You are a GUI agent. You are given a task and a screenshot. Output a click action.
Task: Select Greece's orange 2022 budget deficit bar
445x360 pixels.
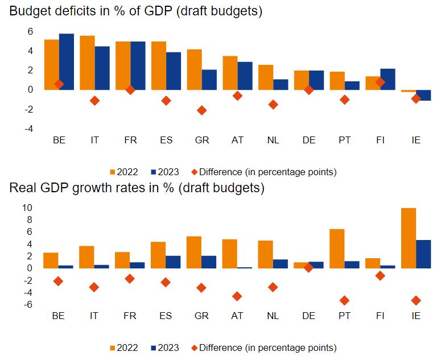click(x=194, y=69)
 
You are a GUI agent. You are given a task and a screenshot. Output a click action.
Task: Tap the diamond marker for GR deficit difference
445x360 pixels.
click(x=201, y=110)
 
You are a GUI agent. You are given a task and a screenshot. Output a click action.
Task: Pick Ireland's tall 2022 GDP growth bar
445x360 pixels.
click(x=409, y=238)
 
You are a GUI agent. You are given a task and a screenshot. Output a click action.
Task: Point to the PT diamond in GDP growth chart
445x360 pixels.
click(x=344, y=300)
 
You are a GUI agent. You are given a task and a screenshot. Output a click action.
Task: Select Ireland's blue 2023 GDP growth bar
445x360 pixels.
click(x=423, y=254)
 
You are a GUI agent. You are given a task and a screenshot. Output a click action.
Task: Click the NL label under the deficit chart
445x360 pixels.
click(x=273, y=140)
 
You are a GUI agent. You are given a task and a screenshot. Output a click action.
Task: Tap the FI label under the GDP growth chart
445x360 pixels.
click(x=380, y=316)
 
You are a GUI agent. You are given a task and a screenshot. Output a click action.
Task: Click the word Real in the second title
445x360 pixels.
click(x=22, y=188)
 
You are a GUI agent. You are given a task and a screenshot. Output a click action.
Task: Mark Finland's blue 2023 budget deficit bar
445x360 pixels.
click(x=388, y=79)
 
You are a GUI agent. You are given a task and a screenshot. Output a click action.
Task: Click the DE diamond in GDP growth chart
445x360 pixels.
click(x=308, y=268)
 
